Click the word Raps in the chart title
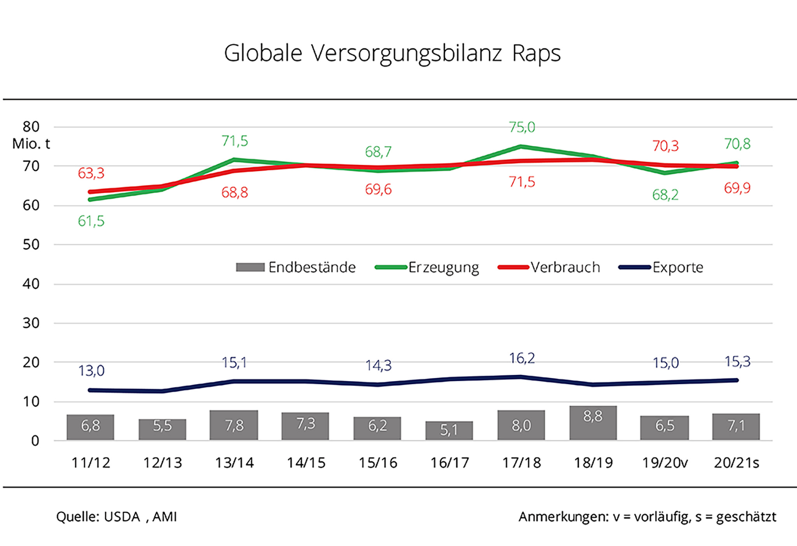536,53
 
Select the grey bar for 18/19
593,423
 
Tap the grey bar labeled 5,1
449,430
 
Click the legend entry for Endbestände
296,268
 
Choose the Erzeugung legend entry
427,268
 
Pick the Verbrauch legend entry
549,268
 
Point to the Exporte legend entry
661,268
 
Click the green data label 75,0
522,127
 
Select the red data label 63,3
91,173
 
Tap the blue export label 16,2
522,358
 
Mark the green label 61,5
91,221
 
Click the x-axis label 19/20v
665,463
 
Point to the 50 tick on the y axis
31,245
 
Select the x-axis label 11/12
91,463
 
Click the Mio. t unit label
31,144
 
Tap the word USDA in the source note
122,517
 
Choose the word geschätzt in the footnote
746,517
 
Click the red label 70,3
665,146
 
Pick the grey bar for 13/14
234,425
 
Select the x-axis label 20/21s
736,463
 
